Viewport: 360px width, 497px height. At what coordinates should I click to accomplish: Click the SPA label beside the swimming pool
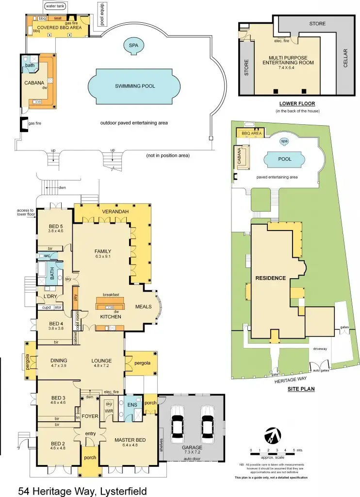pyautogui.click(x=133, y=45)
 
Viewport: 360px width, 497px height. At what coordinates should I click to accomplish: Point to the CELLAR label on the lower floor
pyautogui.click(x=345, y=58)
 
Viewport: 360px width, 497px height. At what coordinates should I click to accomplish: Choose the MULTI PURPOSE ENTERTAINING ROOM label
pyautogui.click(x=288, y=60)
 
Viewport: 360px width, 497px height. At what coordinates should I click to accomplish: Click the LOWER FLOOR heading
pyautogui.click(x=297, y=104)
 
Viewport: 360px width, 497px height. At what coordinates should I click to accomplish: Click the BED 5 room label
pyautogui.click(x=56, y=226)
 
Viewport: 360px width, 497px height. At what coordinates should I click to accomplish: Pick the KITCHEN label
pyautogui.click(x=110, y=316)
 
